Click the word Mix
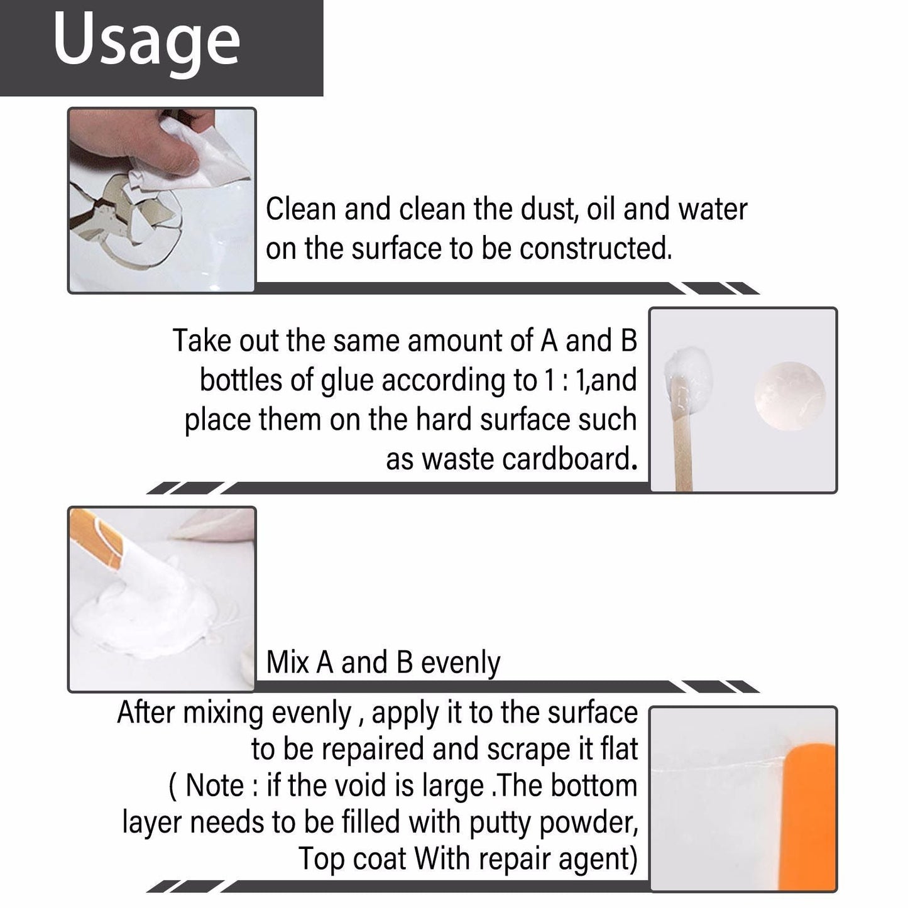click(288, 663)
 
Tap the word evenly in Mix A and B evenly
click(461, 663)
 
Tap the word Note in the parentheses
click(214, 786)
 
